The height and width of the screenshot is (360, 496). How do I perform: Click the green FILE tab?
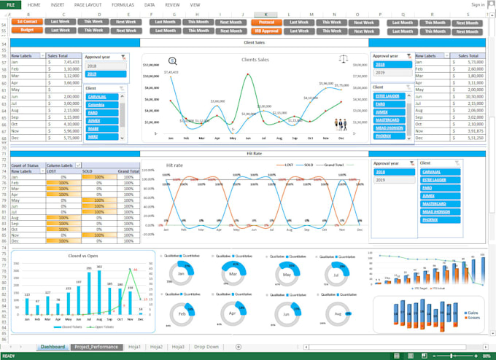11,4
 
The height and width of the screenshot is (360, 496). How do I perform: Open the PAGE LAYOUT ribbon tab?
88,4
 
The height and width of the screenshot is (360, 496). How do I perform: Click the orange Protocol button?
266,22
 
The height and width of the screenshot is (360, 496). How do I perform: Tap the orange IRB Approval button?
266,31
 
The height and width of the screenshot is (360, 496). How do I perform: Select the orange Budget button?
27,31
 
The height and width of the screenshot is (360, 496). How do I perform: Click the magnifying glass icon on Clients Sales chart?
173,61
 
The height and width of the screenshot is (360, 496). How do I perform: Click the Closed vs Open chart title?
85,256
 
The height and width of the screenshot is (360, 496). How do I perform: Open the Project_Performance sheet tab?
96,347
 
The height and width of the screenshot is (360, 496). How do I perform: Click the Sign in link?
478,4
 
